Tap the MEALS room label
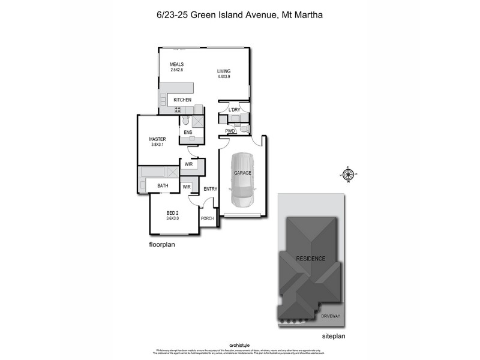(176, 64)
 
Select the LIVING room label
(224, 71)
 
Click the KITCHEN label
(182, 100)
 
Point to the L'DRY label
(234, 110)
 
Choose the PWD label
(230, 131)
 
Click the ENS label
(188, 132)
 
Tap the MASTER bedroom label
(157, 139)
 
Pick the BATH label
(163, 186)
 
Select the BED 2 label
(173, 213)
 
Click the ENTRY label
(210, 189)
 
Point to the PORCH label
(208, 218)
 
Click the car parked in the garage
(243, 180)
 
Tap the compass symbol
(347, 175)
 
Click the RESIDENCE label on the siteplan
(310, 259)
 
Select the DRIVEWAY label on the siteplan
(331, 316)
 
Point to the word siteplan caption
(334, 337)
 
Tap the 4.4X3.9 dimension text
(224, 77)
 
